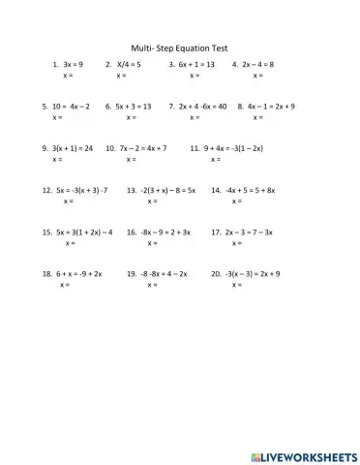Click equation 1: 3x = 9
[x=74, y=64]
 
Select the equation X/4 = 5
[x=127, y=64]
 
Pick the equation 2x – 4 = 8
[x=257, y=64]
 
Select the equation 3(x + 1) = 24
[x=73, y=148]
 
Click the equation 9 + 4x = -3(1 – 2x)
[x=232, y=148]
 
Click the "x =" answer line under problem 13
[x=152, y=201]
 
